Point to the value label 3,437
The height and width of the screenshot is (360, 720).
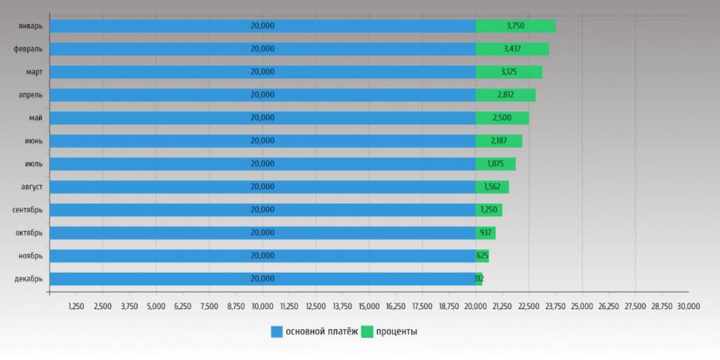click(513, 49)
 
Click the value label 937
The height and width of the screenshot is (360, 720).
click(486, 232)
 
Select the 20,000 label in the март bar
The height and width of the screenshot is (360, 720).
click(262, 72)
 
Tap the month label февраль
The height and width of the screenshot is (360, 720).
click(28, 49)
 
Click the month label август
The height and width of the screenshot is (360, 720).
click(31, 187)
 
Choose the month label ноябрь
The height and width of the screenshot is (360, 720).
click(30, 256)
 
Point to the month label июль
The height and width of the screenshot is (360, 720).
click(34, 163)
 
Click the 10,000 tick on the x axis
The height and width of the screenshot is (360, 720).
click(262, 306)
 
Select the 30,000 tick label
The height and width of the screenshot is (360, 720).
click(688, 306)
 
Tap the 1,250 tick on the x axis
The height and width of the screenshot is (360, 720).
click(76, 306)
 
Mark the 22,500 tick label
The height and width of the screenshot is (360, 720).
click(529, 306)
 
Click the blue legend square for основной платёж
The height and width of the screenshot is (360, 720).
click(277, 331)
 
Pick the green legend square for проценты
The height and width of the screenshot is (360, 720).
click(367, 331)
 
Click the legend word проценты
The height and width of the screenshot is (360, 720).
click(397, 331)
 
